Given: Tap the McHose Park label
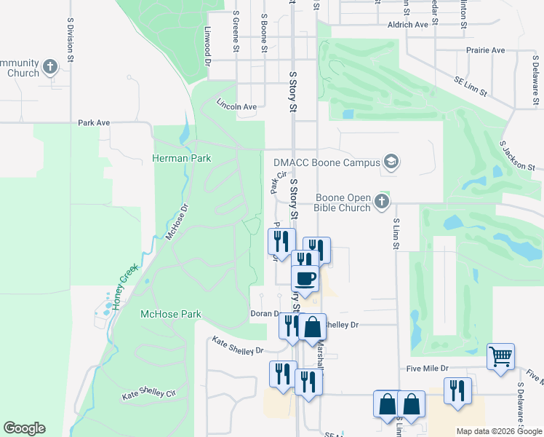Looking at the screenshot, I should pos(170,314).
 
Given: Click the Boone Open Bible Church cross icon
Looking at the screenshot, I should pos(382,202).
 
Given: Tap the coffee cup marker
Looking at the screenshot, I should pos(305,277).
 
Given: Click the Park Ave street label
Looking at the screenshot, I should pos(94,123).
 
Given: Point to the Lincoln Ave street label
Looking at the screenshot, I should pos(237,106).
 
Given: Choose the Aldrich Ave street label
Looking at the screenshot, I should pos(408,25).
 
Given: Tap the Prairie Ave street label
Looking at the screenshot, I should pos(487,50).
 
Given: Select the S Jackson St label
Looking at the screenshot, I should pos(517,156).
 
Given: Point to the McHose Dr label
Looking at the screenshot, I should pos(177,221).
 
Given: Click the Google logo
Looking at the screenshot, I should pos(24,428).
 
